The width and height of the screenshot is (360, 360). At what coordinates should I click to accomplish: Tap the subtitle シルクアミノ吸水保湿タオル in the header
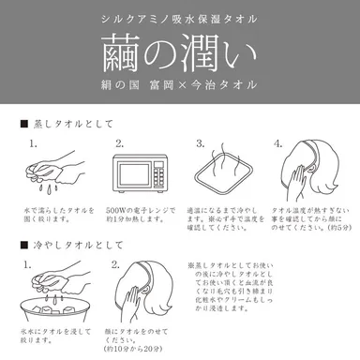click(x=180, y=18)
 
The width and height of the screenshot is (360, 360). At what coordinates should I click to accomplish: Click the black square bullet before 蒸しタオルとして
click(x=22, y=124)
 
